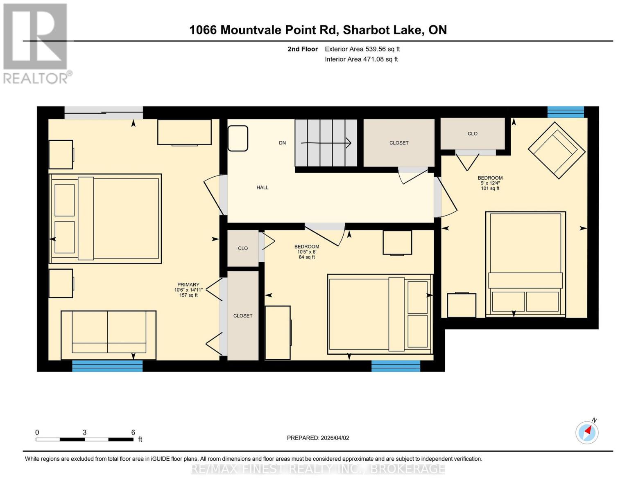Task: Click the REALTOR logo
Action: pyautogui.click(x=36, y=43)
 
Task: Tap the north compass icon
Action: pyautogui.click(x=587, y=432)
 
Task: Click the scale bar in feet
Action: pyautogui.click(x=84, y=439)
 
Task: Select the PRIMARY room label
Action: pyautogui.click(x=188, y=290)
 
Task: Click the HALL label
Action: pyautogui.click(x=263, y=187)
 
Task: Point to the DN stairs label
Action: pyautogui.click(x=282, y=143)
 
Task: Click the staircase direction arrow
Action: pyautogui.click(x=326, y=143)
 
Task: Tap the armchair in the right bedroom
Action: pyautogui.click(x=557, y=150)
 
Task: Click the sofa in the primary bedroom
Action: pyautogui.click(x=109, y=335)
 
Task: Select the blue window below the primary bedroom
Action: pyautogui.click(x=107, y=366)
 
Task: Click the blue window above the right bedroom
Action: pyautogui.click(x=566, y=112)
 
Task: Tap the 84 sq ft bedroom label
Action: pyautogui.click(x=307, y=252)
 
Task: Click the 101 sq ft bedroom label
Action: pyautogui.click(x=490, y=183)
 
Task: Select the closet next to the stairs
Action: pyautogui.click(x=399, y=143)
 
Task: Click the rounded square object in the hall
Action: pyautogui.click(x=238, y=138)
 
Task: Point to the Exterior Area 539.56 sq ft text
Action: pyautogui.click(x=362, y=49)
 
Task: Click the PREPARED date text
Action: pyautogui.click(x=318, y=438)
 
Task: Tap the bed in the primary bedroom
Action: pyautogui.click(x=105, y=218)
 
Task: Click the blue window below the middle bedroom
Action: pyautogui.click(x=396, y=366)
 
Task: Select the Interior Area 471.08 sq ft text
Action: pyautogui.click(x=361, y=59)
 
